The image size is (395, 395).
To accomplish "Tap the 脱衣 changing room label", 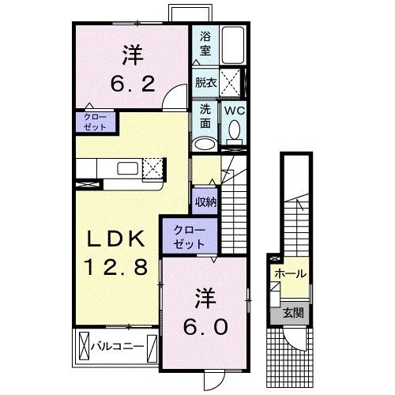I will pyautogui.click(x=205, y=81).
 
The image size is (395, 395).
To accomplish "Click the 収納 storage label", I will pyautogui.click(x=205, y=203).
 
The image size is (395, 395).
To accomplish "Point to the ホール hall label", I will pyautogui.click(x=290, y=274).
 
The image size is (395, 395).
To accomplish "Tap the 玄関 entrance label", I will pyautogui.click(x=292, y=313).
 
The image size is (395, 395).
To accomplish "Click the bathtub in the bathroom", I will pyautogui.click(x=232, y=47).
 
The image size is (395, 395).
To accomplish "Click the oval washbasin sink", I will pyautogui.click(x=204, y=143).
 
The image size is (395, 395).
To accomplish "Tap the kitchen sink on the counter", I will pyautogui.click(x=126, y=167).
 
